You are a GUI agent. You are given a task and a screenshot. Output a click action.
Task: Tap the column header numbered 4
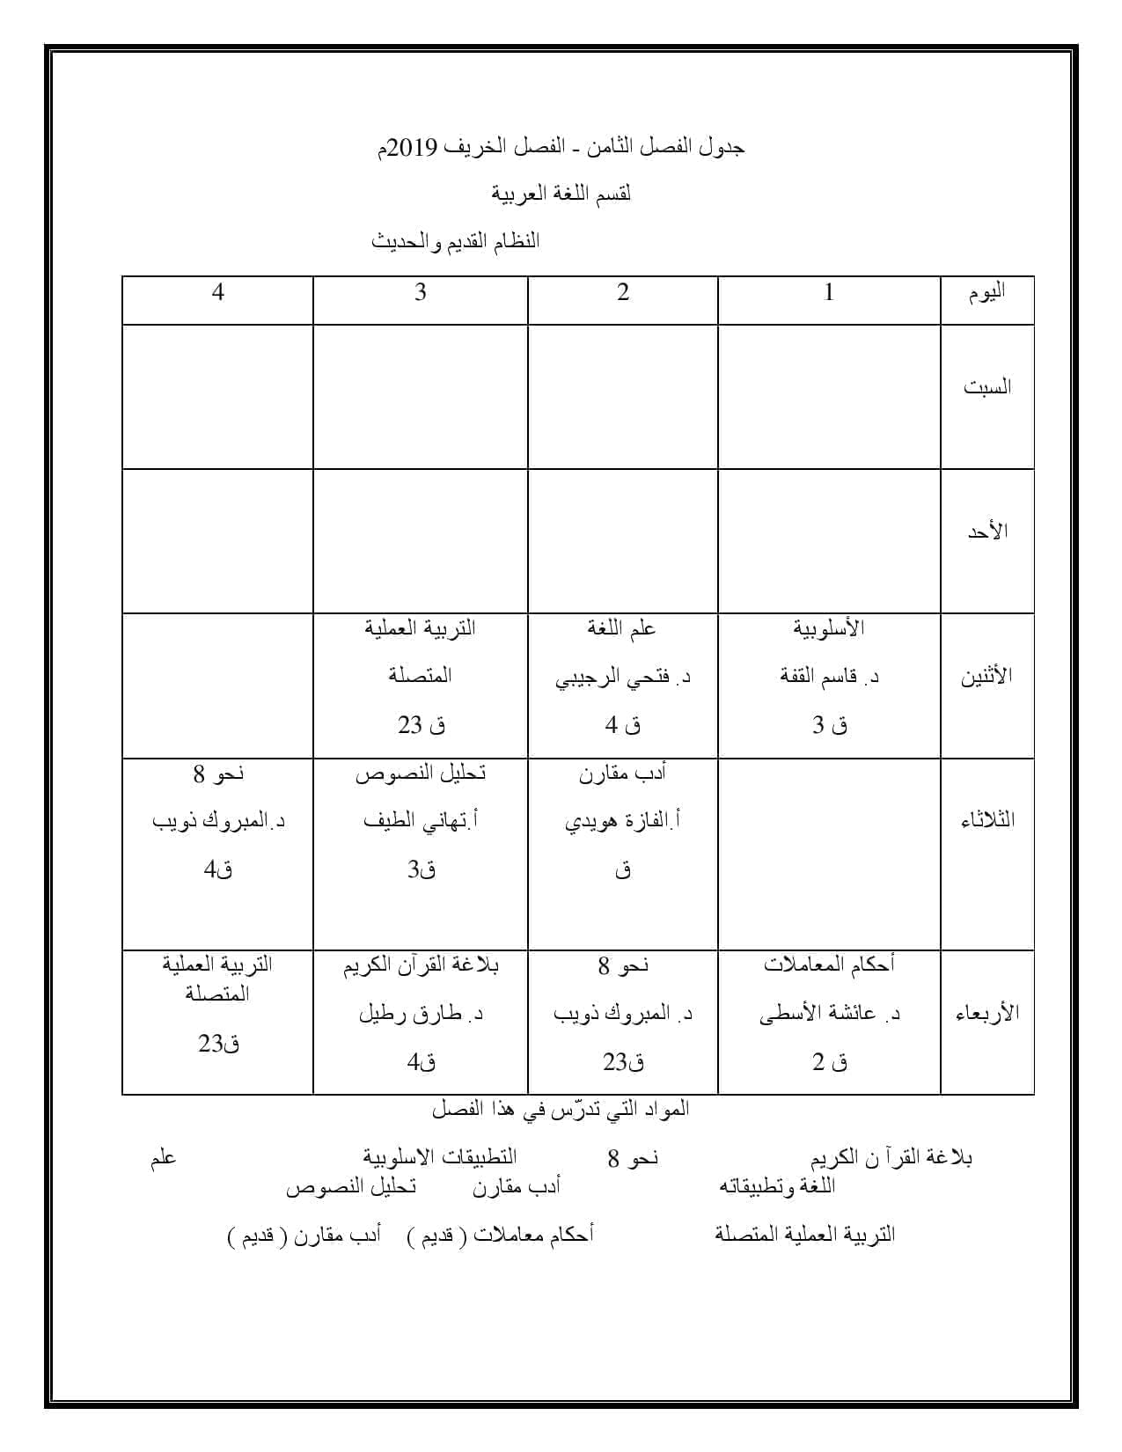point(218,292)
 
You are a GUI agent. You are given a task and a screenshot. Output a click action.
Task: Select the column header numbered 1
point(828,292)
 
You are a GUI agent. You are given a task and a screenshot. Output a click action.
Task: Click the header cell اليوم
point(987,293)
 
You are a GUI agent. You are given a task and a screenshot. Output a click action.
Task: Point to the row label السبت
point(987,387)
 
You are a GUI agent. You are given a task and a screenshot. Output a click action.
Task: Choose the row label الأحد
point(987,532)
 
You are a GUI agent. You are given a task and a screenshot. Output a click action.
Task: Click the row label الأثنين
point(986,677)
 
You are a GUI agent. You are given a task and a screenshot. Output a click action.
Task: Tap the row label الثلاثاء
point(987,820)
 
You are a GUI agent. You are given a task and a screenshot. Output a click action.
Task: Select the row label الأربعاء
point(987,1013)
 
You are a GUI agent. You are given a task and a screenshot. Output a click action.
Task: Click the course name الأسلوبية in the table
point(828,628)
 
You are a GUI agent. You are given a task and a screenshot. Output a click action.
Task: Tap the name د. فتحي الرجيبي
point(623,678)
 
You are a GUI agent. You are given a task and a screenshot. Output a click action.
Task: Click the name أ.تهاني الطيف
point(421,821)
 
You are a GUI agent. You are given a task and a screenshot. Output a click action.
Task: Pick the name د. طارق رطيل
point(421,1014)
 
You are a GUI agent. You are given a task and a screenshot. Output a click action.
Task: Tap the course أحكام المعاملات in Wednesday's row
point(829,964)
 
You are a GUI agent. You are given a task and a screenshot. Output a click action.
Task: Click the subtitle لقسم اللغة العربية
point(561,194)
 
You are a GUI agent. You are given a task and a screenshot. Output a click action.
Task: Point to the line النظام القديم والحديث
point(455,241)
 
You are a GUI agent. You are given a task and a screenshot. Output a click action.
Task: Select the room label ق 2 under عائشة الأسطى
point(829,1062)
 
